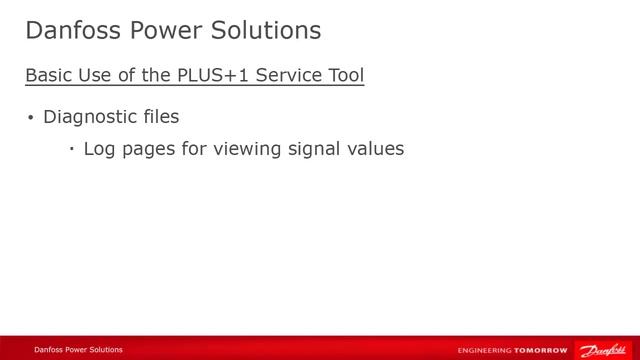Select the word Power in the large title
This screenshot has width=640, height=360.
coord(159,30)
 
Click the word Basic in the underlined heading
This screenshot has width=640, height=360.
coord(45,76)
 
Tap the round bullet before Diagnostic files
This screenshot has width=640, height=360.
coord(30,119)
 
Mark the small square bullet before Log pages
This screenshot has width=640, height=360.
coord(72,150)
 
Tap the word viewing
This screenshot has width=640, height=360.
coord(256,150)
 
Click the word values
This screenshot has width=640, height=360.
coord(380,149)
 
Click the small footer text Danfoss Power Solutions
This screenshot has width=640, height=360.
coord(78,350)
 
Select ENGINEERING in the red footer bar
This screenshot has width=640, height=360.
coord(484,351)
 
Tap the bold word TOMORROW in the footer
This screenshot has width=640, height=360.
coord(540,351)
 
